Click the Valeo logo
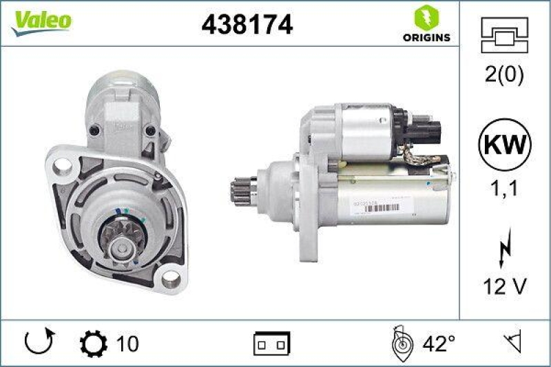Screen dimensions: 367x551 point(40,21)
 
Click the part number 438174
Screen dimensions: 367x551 point(247,24)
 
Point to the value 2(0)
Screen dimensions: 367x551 point(506,75)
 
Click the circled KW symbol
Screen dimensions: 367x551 point(506,145)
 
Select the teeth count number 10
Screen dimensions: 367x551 point(127,343)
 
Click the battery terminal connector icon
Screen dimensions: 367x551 point(272,342)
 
